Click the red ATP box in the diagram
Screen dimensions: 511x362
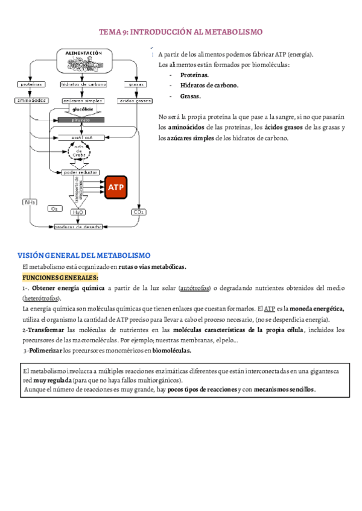tap(116, 187)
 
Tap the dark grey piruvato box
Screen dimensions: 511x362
tap(81, 121)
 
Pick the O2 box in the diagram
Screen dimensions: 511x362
tap(54, 208)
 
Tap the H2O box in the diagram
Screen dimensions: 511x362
tap(78, 212)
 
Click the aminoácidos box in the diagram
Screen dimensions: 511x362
tap(31, 101)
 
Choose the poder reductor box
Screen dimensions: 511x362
tap(80, 172)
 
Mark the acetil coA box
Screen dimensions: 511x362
tap(81, 137)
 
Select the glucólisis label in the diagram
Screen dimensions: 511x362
tap(83, 110)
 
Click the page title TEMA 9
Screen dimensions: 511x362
tap(180, 32)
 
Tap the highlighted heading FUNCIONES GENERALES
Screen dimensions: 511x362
tap(60, 277)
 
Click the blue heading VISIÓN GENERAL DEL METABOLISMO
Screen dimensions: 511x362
tap(83, 255)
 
